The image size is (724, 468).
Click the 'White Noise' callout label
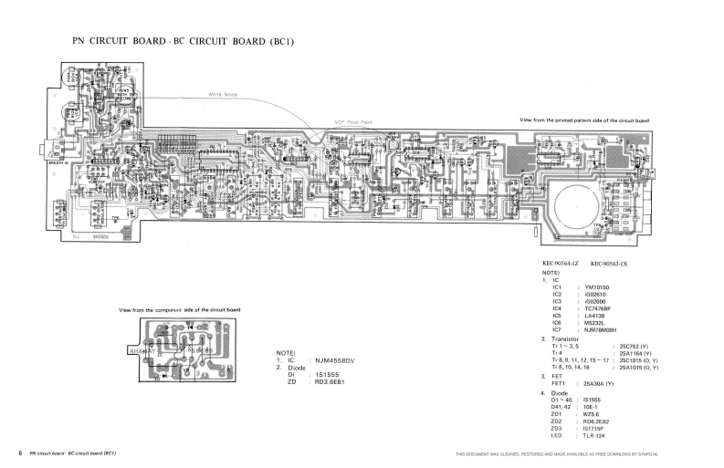pyautogui.click(x=223, y=94)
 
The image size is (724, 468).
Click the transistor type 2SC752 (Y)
pyautogui.click(x=633, y=347)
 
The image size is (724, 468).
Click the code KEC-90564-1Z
pyautogui.click(x=561, y=264)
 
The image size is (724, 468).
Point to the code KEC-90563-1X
pyautogui.click(x=608, y=264)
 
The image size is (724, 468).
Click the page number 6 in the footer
pyautogui.click(x=19, y=453)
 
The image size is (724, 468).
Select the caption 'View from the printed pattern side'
pyautogui.click(x=583, y=120)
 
